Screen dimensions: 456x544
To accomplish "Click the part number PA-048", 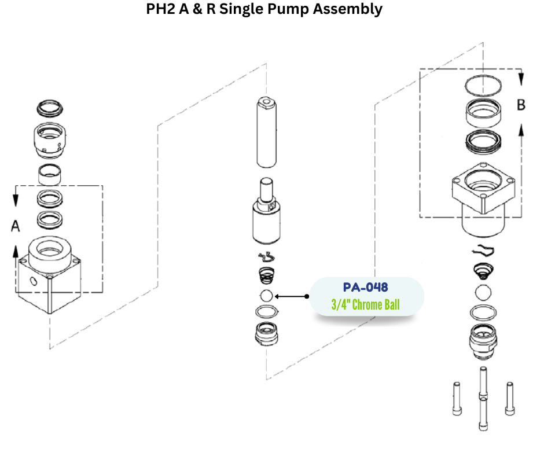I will click(x=365, y=287).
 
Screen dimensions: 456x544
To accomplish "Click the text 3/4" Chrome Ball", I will click(x=365, y=304).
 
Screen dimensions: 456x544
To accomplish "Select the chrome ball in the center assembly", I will click(x=266, y=296).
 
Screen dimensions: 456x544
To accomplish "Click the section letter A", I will click(x=16, y=226).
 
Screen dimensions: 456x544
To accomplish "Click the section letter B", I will click(x=521, y=105).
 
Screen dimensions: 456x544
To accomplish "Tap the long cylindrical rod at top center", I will click(x=266, y=132).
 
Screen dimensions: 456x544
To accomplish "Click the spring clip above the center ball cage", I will click(x=266, y=258).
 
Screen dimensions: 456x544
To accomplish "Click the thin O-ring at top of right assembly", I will click(x=483, y=86).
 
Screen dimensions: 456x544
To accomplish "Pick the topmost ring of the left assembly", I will click(x=50, y=107).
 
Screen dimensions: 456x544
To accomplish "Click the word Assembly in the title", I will click(x=354, y=10).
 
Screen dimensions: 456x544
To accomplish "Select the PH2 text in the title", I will click(x=163, y=10).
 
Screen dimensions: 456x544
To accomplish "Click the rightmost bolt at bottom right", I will click(x=509, y=398).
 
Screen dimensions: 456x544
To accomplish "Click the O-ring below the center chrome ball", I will click(x=266, y=312).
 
